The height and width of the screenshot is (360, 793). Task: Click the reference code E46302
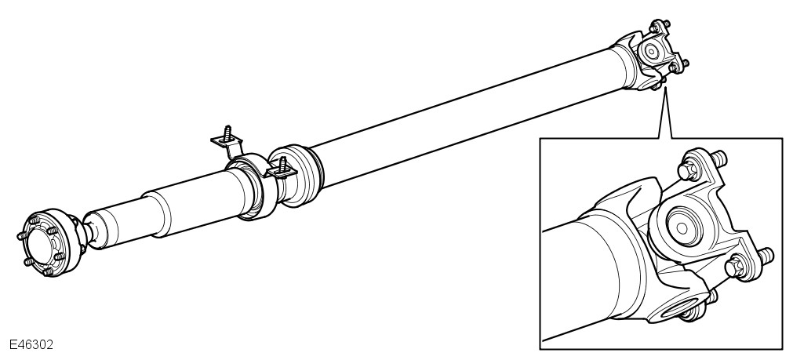[31, 344]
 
